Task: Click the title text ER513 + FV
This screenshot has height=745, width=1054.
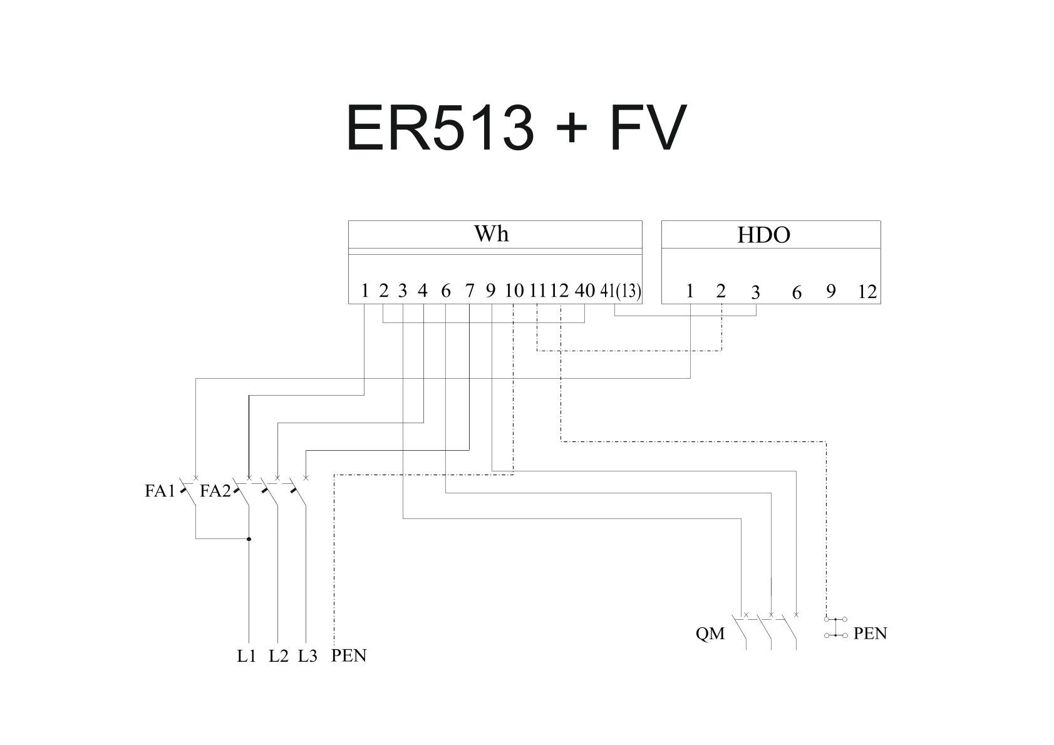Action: tap(516, 128)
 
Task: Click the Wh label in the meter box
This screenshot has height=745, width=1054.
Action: tap(491, 234)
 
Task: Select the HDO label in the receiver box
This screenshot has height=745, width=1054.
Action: tap(763, 235)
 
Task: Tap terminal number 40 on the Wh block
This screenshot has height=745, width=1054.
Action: tap(584, 290)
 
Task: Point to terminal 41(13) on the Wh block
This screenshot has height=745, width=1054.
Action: tap(620, 291)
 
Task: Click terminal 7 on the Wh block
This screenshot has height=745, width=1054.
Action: tap(469, 291)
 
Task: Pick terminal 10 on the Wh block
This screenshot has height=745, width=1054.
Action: tap(514, 291)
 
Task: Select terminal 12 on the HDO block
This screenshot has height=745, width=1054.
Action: tap(867, 292)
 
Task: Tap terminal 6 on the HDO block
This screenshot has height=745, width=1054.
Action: tap(797, 292)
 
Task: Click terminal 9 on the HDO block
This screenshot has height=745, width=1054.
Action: tap(831, 292)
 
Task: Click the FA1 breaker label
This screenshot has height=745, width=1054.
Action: tap(160, 491)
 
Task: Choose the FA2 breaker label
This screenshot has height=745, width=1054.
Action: tap(215, 491)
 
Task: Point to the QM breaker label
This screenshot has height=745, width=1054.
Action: tap(710, 634)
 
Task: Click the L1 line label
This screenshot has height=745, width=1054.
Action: tap(246, 656)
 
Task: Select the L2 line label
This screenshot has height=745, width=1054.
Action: tap(279, 656)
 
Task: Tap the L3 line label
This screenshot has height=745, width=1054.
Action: tap(307, 656)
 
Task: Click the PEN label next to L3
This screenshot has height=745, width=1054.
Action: tap(349, 655)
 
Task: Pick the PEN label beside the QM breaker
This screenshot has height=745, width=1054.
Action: tap(870, 634)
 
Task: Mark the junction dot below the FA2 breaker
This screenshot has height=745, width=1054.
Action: tap(249, 539)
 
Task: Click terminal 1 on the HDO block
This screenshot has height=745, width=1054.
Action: tap(690, 292)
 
